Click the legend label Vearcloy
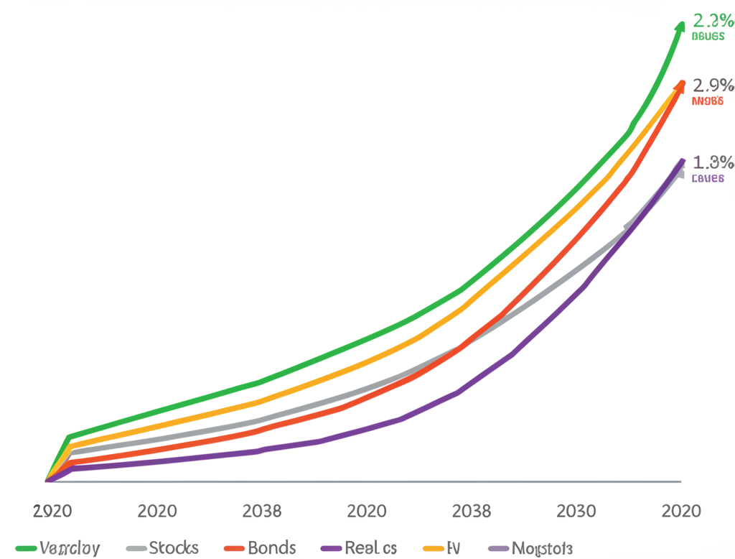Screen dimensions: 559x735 [70, 548]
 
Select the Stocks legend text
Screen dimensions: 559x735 [174, 548]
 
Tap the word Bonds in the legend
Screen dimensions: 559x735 [271, 548]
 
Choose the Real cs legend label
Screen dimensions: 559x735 [370, 548]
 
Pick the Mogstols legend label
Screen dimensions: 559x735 [542, 548]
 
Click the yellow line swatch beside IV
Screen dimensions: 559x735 [433, 548]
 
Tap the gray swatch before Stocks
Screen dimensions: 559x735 [134, 548]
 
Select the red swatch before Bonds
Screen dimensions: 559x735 [233, 548]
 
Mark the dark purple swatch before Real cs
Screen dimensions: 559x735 [331, 548]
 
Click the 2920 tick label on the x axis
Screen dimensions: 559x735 [52, 512]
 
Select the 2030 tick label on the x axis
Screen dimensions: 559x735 [576, 512]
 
